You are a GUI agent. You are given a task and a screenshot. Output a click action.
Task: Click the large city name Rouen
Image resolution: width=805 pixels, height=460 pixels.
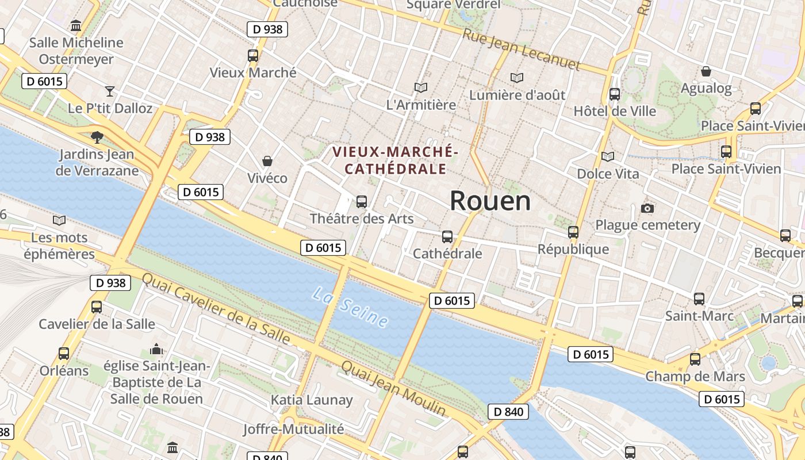click(490, 201)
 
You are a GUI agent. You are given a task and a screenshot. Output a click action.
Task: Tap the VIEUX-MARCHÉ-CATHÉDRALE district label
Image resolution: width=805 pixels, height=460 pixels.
click(395, 160)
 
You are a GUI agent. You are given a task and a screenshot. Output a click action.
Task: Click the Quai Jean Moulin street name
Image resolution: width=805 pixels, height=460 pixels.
click(393, 388)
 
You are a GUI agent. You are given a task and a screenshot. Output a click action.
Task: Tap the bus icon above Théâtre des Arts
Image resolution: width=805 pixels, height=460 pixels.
click(362, 202)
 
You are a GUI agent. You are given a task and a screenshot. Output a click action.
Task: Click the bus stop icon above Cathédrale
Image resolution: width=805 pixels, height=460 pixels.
click(447, 237)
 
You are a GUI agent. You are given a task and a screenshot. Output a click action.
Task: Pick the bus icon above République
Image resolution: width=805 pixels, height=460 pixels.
click(573, 232)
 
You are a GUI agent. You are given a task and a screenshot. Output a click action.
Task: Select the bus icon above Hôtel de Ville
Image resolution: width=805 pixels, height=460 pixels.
click(615, 94)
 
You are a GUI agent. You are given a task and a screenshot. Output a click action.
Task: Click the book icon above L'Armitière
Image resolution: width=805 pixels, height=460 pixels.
click(421, 88)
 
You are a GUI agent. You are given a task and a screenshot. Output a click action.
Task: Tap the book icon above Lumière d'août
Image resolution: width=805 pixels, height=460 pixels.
click(517, 78)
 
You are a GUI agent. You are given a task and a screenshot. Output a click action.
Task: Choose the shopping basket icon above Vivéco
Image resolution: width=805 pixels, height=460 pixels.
click(267, 161)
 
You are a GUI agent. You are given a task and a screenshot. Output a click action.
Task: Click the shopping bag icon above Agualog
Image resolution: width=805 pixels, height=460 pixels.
click(706, 71)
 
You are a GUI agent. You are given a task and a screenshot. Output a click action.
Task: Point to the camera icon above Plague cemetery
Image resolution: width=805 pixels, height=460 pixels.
click(647, 208)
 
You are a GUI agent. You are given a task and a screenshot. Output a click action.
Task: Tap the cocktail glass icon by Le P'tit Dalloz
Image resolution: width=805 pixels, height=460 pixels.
click(110, 91)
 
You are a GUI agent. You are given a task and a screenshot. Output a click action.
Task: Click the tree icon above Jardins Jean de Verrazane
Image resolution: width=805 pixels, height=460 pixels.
click(97, 137)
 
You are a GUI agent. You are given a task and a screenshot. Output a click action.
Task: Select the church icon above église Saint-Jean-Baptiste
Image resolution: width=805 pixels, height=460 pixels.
click(156, 349)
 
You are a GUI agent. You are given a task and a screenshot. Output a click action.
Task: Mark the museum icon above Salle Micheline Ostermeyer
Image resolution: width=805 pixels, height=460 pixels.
click(76, 26)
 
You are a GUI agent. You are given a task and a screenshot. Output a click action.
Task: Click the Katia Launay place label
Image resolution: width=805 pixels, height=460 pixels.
click(312, 400)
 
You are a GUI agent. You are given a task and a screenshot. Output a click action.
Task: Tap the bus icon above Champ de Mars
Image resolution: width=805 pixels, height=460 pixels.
click(695, 359)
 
